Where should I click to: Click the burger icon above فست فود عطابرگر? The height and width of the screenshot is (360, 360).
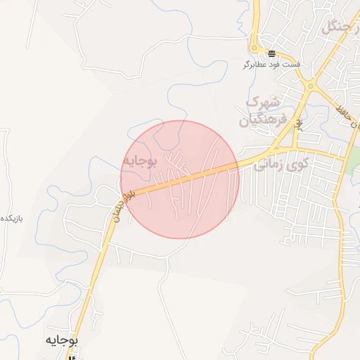(271, 54)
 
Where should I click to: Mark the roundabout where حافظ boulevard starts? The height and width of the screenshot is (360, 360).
(309, 86)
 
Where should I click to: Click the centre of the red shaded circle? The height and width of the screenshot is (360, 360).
(180, 180)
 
